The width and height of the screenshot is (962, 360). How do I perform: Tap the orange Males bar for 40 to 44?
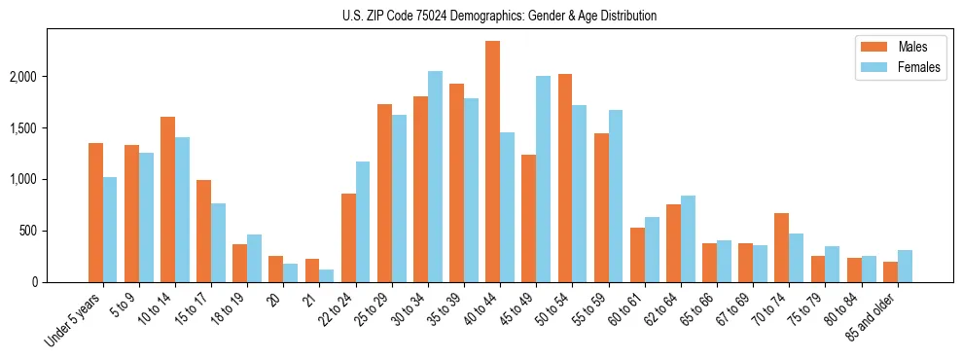[x=492, y=162]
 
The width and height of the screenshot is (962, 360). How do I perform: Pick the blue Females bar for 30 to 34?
[x=435, y=177]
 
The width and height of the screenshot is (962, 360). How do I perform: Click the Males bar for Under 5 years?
[x=95, y=213]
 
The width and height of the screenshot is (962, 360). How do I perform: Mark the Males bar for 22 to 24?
[x=348, y=238]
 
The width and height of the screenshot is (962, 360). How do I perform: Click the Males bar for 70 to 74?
[x=781, y=248]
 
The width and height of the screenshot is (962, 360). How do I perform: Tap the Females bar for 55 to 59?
[x=616, y=197]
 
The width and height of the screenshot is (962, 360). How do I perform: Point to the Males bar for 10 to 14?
[x=167, y=199]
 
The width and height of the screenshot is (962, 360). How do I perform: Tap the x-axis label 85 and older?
[x=874, y=317]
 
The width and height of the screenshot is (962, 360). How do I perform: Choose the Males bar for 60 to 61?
[x=637, y=255]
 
